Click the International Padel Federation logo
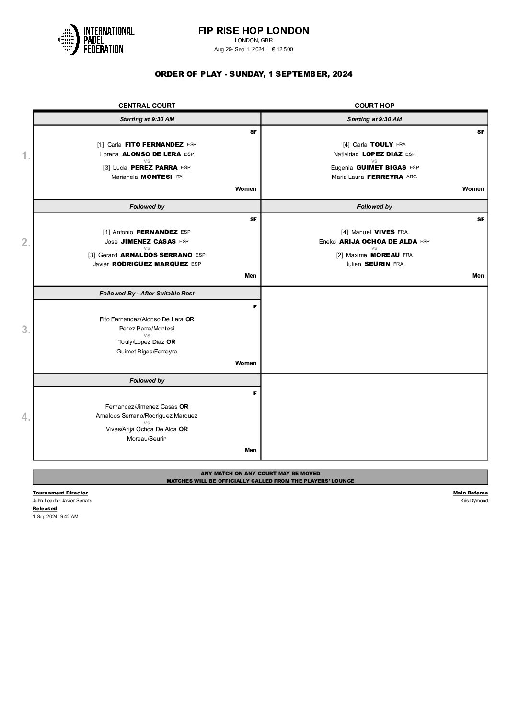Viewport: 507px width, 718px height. [96, 39]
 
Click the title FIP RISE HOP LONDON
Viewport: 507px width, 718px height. [253, 31]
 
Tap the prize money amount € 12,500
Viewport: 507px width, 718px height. [282, 49]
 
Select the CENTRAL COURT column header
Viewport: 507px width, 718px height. [147, 106]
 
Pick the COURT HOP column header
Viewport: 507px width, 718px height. [374, 106]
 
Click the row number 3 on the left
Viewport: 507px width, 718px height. [26, 330]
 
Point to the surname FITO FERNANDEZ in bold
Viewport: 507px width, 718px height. [154, 144]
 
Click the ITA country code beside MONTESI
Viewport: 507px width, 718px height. [179, 177]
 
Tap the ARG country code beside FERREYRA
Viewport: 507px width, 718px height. [412, 177]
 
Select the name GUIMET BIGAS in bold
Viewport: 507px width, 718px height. [381, 168]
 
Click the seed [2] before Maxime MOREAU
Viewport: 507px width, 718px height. [339, 255]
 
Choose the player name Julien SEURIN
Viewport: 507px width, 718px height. [368, 264]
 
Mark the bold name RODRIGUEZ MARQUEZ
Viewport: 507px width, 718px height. [150, 264]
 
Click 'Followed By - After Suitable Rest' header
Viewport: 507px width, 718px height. [147, 294]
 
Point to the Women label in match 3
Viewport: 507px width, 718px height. [245, 363]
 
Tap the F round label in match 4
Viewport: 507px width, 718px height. [255, 393]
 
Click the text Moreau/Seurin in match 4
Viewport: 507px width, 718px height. [147, 439]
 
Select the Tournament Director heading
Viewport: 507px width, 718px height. [60, 493]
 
